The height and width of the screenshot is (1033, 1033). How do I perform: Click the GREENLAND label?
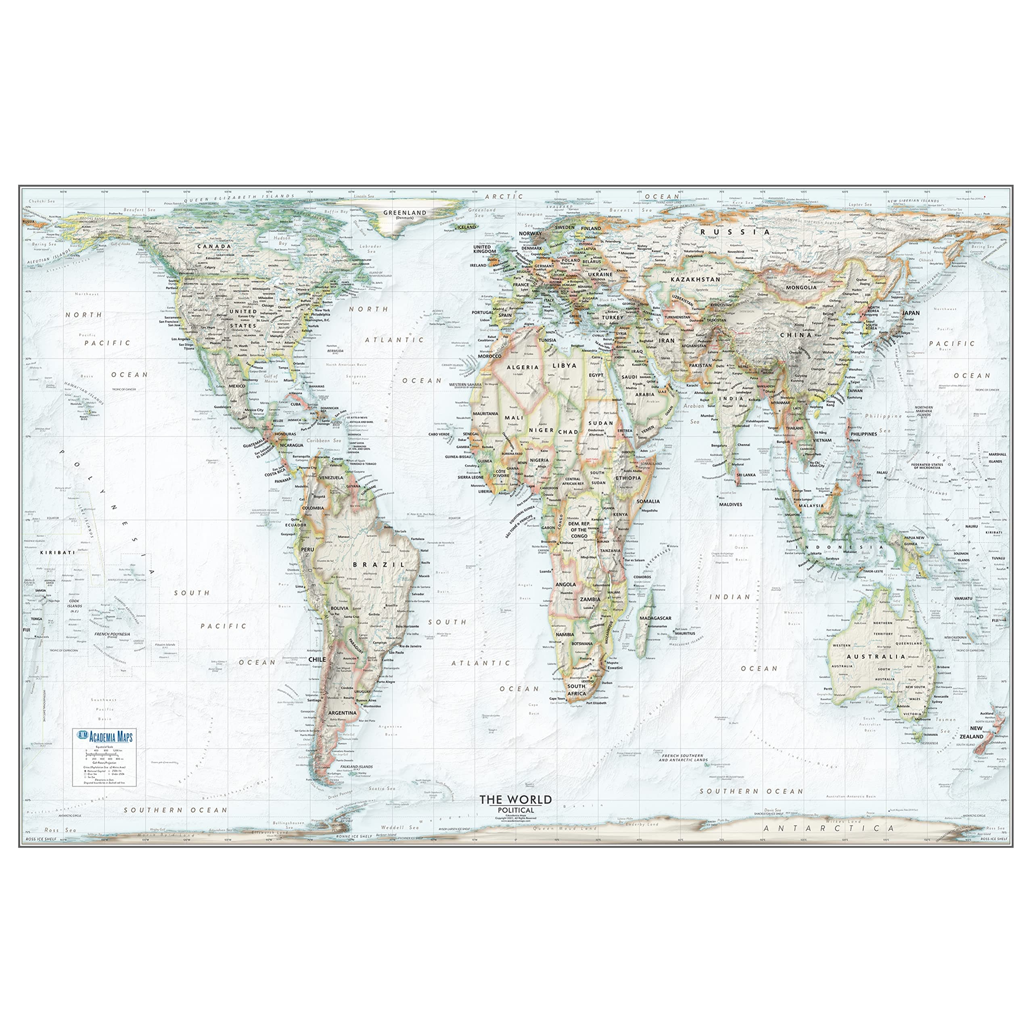coord(405,212)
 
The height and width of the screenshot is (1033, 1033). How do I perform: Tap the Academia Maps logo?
coord(105,736)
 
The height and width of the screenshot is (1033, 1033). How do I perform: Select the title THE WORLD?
coord(515,800)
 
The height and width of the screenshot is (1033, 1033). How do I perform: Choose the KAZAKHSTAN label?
coord(695,279)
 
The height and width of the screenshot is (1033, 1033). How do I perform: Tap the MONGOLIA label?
coord(801,287)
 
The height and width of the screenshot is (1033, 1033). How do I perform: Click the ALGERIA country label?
coord(523,367)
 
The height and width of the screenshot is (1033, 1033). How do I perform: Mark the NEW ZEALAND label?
coord(977,732)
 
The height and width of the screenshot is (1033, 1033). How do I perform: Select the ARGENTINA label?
coord(342,713)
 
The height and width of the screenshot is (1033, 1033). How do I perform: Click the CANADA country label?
coord(214,247)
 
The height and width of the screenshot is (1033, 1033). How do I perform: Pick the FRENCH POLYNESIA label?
coord(112,635)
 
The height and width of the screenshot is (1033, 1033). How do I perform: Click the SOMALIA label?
coord(648,502)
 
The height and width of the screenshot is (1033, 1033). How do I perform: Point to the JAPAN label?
coord(911,313)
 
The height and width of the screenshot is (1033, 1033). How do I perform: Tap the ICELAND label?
coord(466,227)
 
